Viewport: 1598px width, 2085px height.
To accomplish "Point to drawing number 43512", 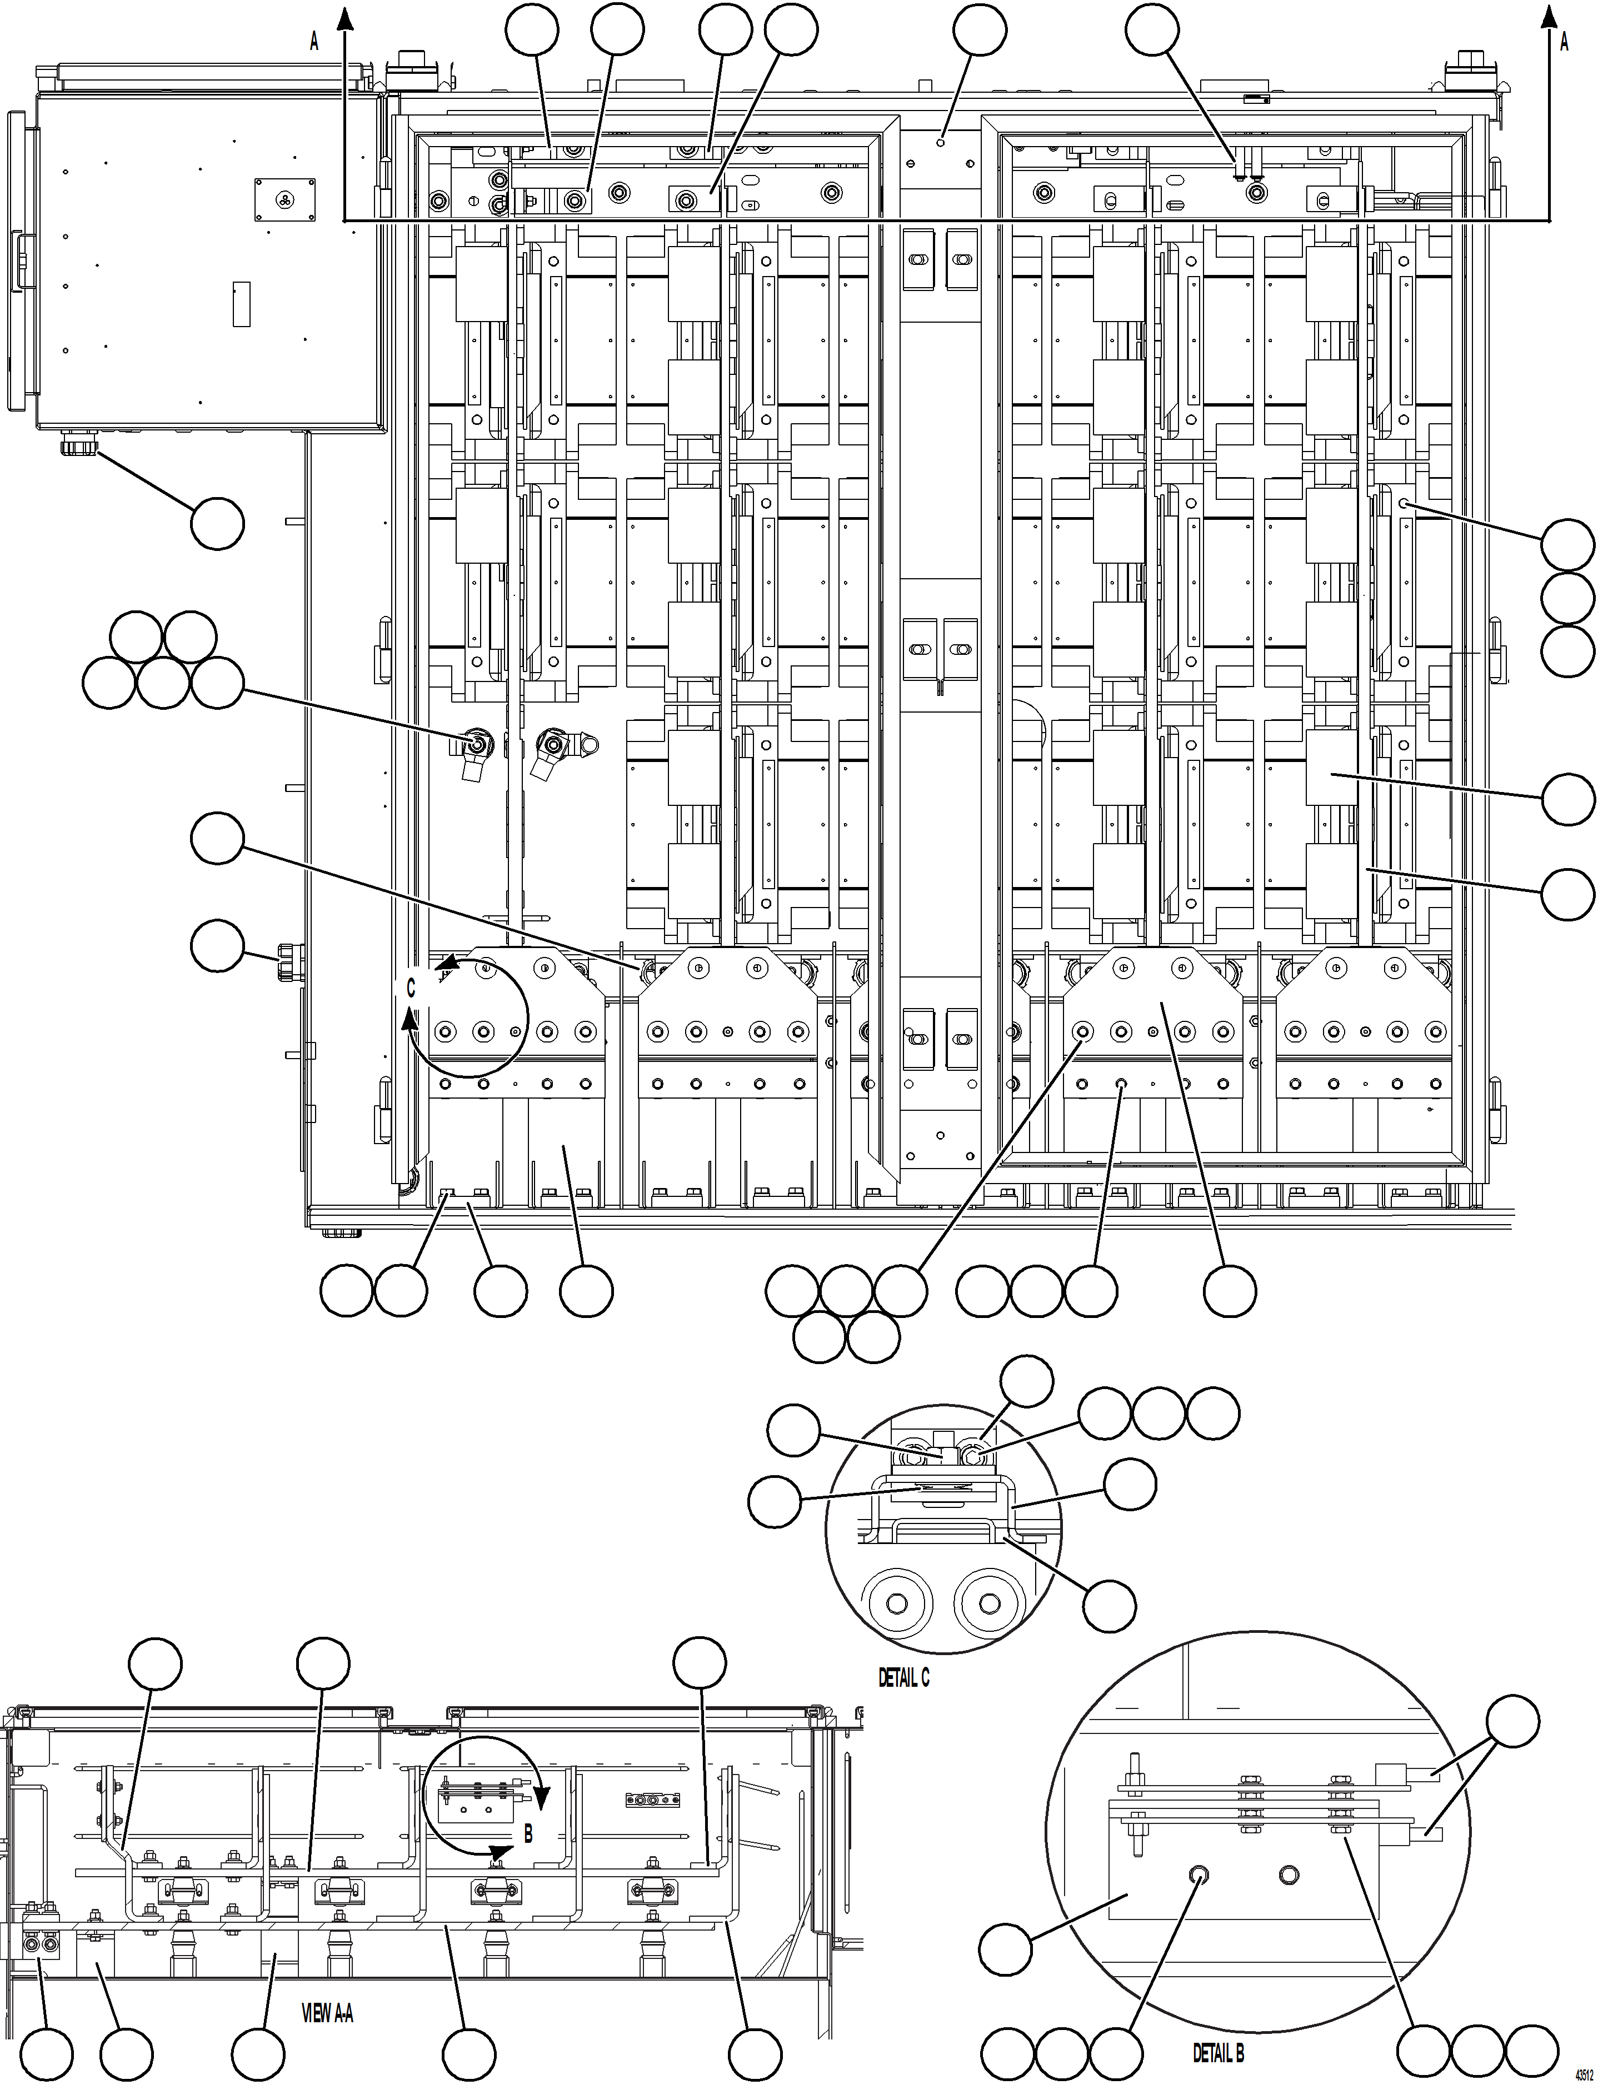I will [1584, 2073].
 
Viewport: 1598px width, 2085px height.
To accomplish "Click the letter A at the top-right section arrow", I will [1564, 42].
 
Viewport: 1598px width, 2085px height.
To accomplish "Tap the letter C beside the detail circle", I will [411, 989].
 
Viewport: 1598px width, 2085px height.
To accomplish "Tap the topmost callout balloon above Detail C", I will [1027, 1381].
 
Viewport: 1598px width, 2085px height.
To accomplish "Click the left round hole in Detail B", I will [1198, 1873].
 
